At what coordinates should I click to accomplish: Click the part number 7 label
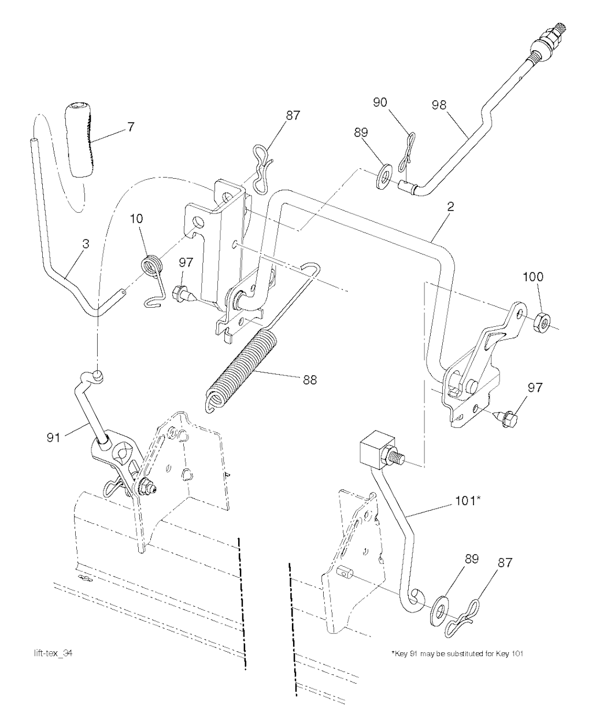coord(131,127)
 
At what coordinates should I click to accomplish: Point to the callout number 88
coord(309,380)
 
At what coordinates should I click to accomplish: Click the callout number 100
coord(533,277)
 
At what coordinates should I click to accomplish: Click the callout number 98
coord(439,105)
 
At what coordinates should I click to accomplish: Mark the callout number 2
coord(450,207)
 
